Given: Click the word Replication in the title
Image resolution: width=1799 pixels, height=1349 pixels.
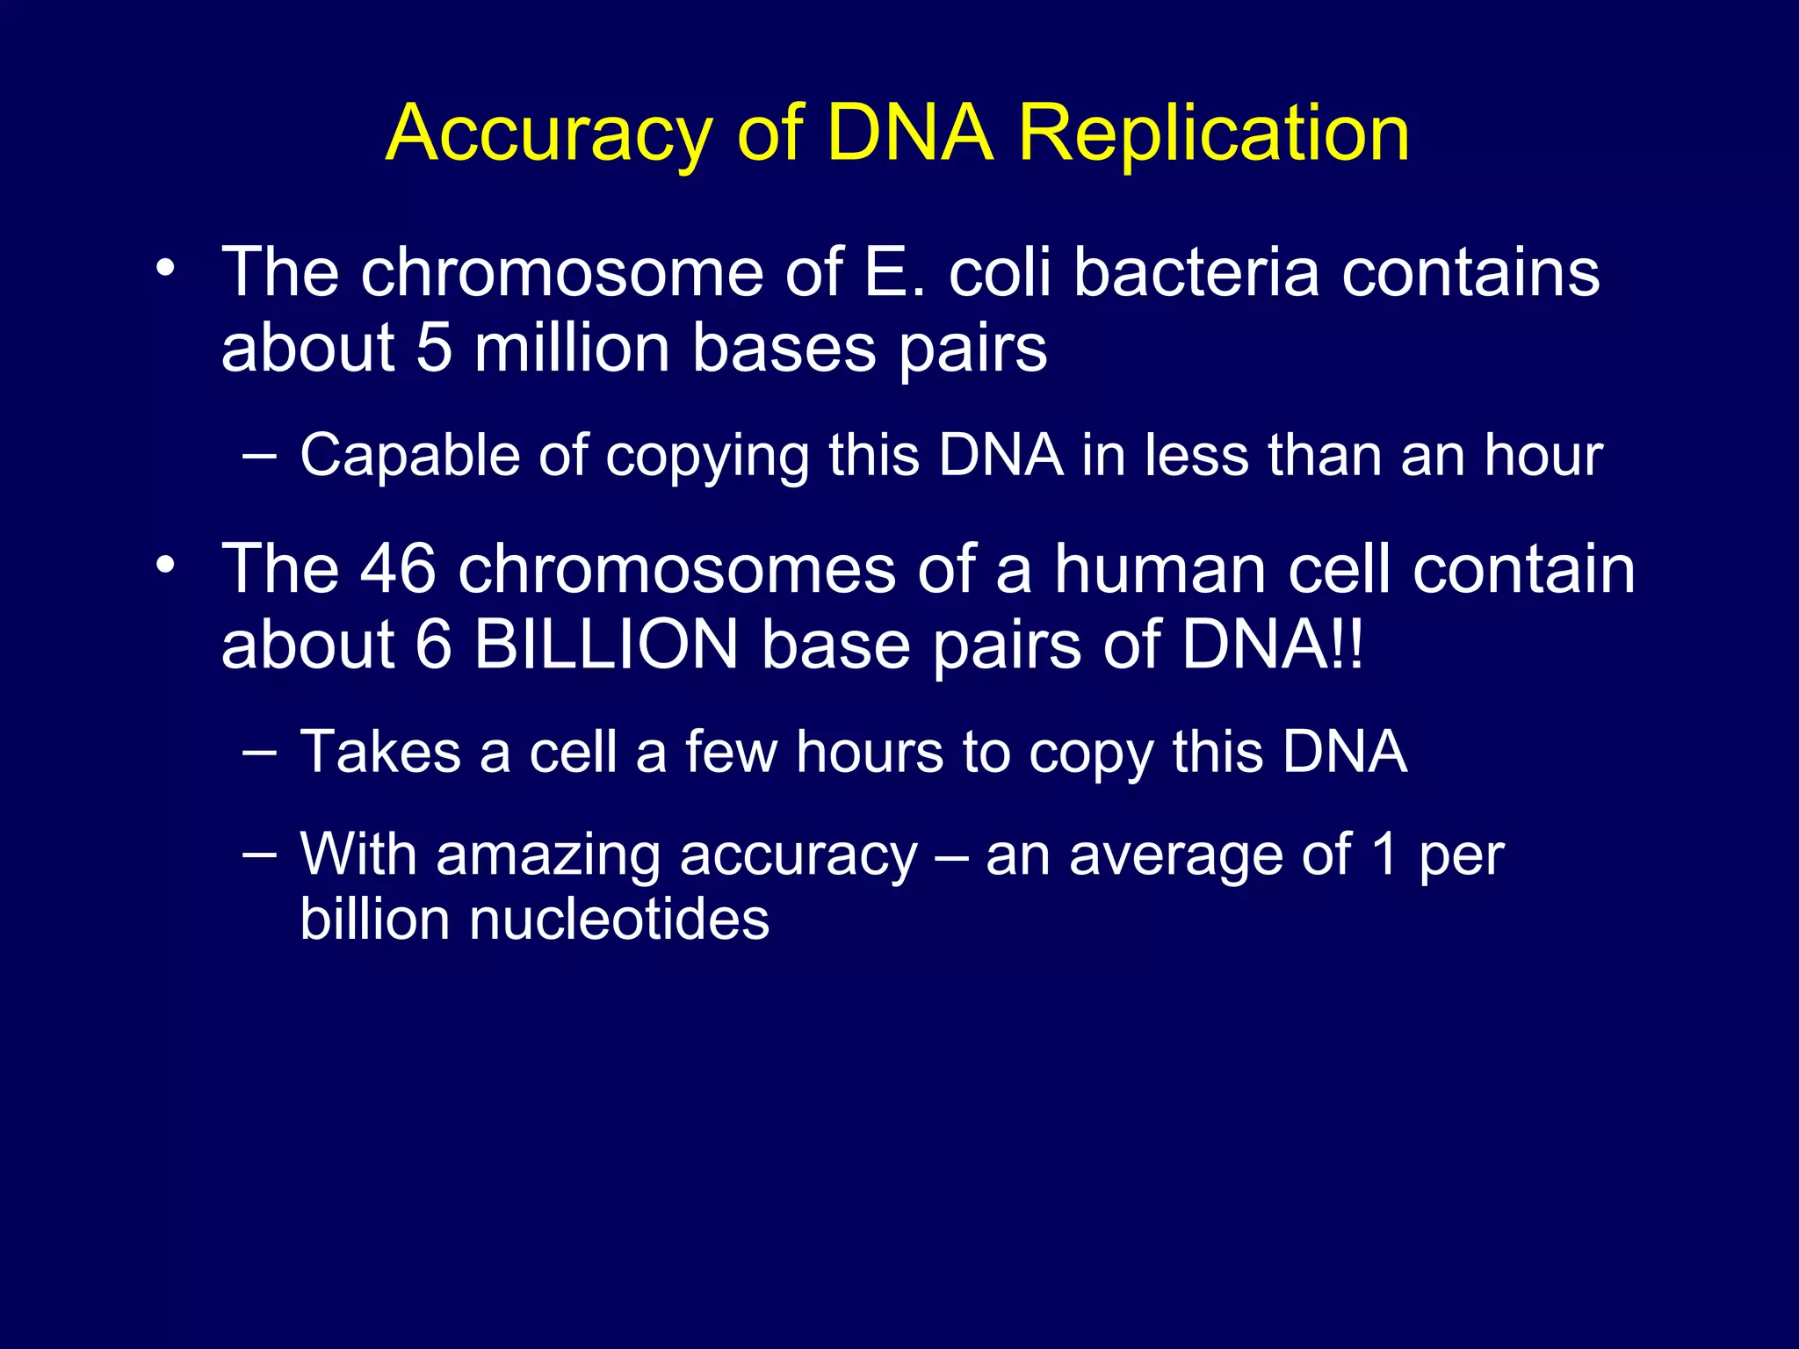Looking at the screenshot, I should pyautogui.click(x=1213, y=133).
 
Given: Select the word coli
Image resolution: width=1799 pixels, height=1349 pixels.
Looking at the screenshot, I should pyautogui.click(x=1000, y=272).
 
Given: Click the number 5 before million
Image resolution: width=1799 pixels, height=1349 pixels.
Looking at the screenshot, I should pyautogui.click(x=433, y=348).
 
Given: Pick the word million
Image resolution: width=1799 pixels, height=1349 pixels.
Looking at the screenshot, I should pyautogui.click(x=572, y=348).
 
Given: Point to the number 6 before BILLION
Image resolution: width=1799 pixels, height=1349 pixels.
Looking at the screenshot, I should pyautogui.click(x=433, y=645).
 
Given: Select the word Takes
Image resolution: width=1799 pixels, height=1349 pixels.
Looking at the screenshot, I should pyautogui.click(x=380, y=752).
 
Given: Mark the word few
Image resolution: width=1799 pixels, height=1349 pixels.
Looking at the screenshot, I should pyautogui.click(x=730, y=752).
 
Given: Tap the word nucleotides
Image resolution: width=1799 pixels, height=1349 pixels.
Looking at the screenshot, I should pyautogui.click(x=618, y=920).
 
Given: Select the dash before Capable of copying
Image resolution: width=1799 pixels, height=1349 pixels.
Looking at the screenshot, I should pyautogui.click(x=259, y=455).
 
